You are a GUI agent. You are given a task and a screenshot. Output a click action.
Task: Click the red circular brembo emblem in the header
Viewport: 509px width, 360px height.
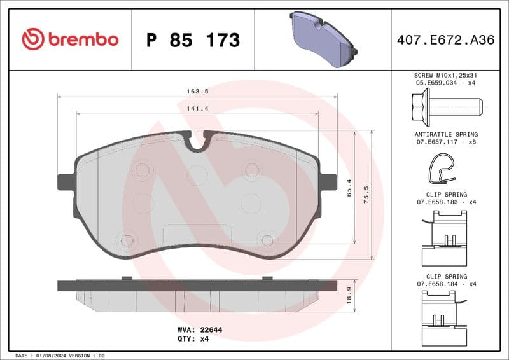(x=33, y=39)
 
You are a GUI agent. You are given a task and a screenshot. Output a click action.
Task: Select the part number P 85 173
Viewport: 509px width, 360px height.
(x=193, y=40)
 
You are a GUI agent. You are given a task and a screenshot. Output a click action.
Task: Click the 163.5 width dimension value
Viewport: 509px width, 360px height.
(x=198, y=91)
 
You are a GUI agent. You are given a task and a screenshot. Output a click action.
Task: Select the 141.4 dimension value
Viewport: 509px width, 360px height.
(x=198, y=109)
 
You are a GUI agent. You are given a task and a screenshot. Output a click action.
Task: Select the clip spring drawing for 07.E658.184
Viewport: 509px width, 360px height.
(x=445, y=315)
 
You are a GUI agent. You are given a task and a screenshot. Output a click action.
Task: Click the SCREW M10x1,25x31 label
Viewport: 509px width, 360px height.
(x=446, y=75)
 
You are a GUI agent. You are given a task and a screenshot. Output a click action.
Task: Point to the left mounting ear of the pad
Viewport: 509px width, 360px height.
(x=65, y=182)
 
